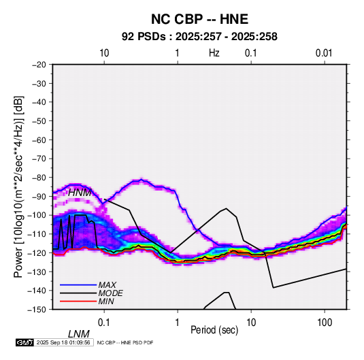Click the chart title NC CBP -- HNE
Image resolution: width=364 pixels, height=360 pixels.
click(199, 19)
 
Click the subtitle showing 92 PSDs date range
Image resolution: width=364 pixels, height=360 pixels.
click(199, 37)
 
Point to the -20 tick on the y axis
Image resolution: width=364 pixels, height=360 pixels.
click(39, 65)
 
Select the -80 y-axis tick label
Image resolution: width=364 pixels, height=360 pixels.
click(39, 178)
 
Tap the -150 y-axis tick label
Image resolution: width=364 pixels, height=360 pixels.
click(37, 310)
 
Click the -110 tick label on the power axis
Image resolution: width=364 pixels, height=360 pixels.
click(37, 234)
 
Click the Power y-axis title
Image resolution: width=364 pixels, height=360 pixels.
click(18, 186)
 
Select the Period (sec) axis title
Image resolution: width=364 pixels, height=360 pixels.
click(214, 330)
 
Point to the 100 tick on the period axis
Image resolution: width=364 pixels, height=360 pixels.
click(325, 323)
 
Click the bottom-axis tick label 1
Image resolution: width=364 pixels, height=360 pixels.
click(178, 323)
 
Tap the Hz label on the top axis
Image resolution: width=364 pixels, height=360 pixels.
click(214, 53)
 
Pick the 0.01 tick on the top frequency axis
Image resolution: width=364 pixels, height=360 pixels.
click(324, 53)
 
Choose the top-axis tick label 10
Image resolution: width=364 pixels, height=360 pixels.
click(104, 53)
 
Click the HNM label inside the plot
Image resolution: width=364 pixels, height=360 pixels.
click(80, 193)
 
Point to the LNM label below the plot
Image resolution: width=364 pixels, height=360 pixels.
click(78, 334)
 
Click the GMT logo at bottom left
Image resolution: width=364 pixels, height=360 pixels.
click(25, 342)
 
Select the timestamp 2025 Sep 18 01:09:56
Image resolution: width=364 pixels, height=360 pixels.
click(63, 342)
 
